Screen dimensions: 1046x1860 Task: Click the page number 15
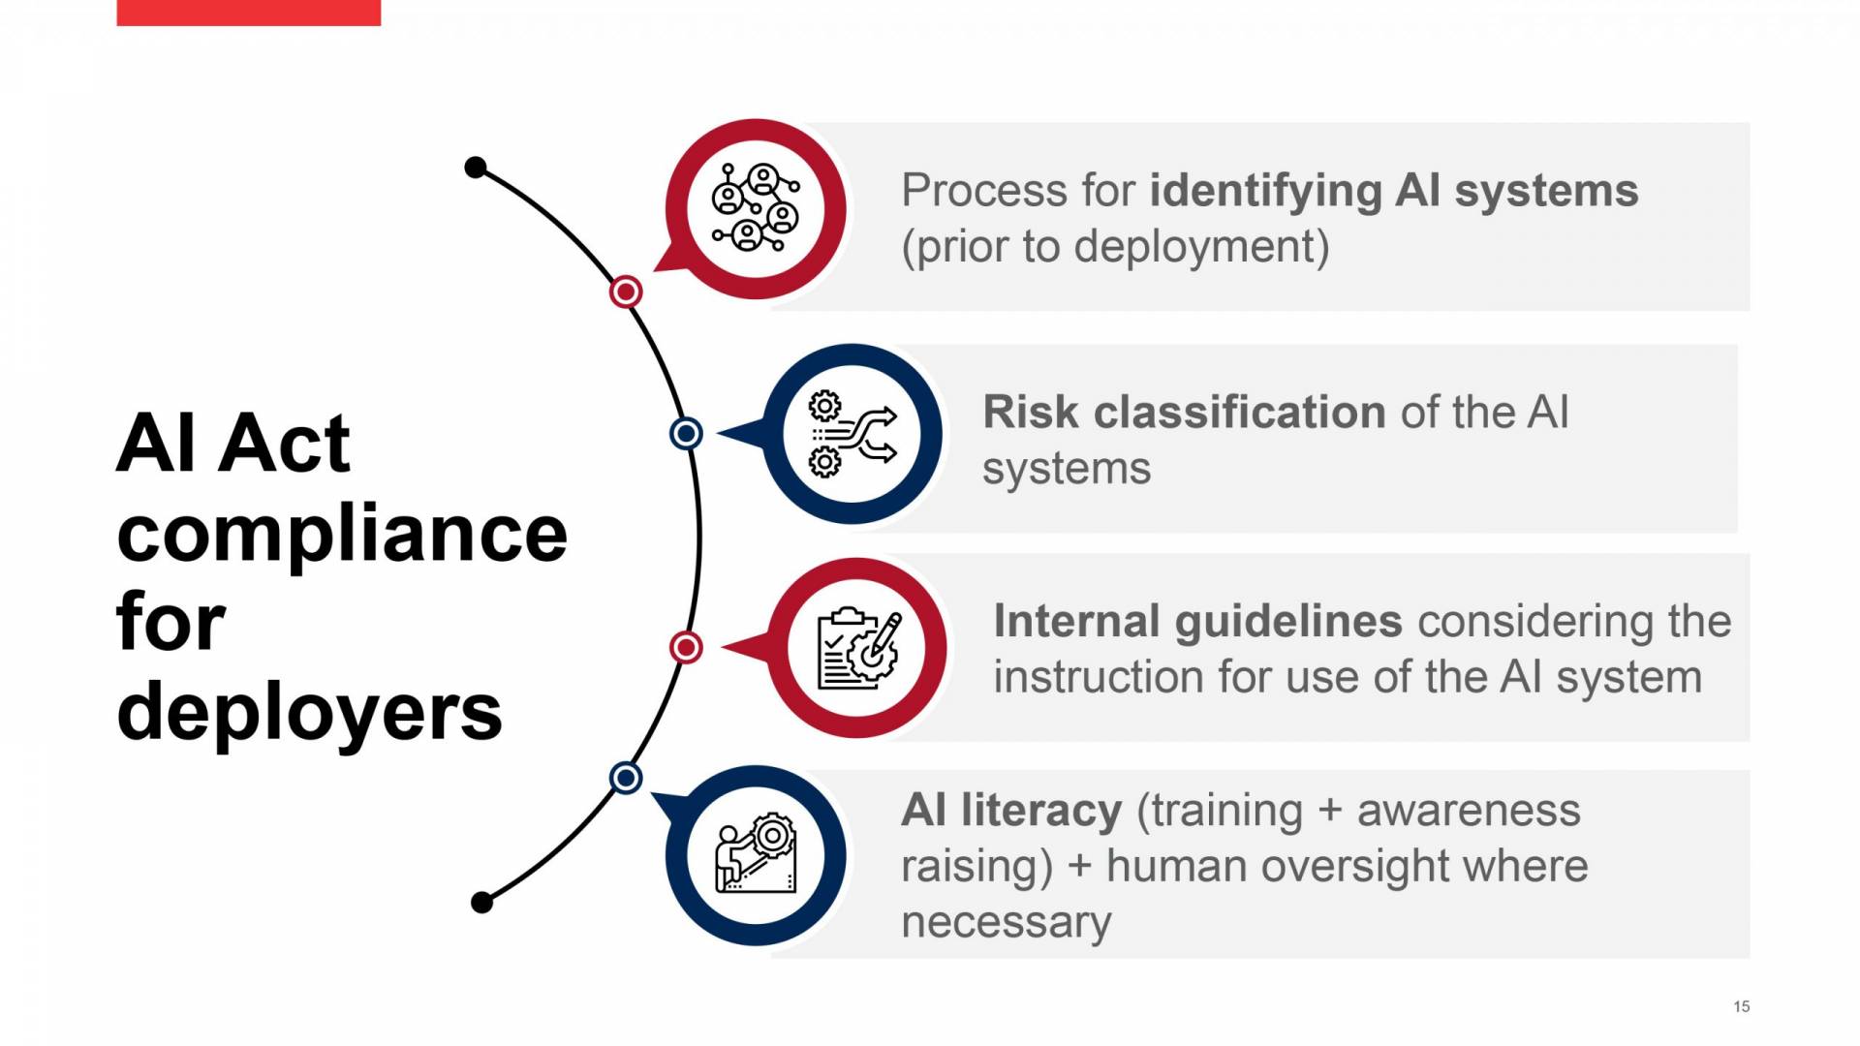tap(1741, 1006)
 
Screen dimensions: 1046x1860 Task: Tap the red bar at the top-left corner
tap(248, 13)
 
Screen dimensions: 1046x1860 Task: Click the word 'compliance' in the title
tap(341, 534)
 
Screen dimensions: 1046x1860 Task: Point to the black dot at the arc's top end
tap(476, 168)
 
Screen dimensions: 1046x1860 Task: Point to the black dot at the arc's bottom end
tap(481, 903)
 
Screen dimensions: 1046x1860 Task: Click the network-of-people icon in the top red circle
tap(756, 208)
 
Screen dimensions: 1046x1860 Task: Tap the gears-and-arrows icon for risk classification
tap(852, 434)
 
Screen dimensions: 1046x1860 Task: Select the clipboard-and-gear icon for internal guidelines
tap(858, 648)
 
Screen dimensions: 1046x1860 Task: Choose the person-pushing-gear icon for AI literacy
tap(756, 854)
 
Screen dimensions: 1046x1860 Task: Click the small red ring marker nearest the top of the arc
tap(626, 292)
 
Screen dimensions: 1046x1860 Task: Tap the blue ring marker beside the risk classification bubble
tap(686, 433)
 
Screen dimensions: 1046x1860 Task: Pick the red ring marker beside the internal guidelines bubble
tap(686, 647)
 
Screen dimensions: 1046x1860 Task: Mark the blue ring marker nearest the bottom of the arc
tap(626, 777)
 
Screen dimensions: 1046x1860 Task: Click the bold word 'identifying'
tap(1265, 192)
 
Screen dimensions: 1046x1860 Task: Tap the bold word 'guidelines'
tap(1288, 622)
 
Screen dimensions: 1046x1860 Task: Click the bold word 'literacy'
tap(1041, 812)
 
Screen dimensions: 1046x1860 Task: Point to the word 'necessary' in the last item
tap(1006, 922)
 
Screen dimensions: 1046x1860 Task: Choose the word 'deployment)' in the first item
tap(1201, 247)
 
